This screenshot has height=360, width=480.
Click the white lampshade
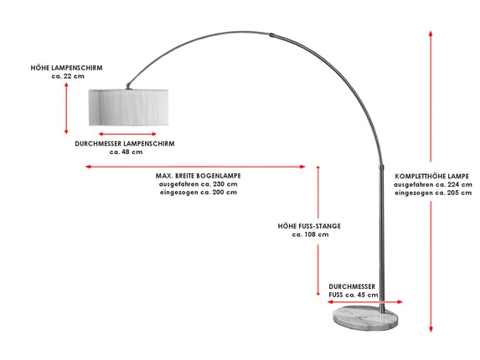128,107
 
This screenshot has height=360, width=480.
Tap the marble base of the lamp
365,318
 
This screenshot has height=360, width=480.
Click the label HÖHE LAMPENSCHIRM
66,68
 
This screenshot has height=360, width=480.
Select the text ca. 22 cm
68,76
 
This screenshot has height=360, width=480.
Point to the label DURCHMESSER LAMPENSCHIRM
125,144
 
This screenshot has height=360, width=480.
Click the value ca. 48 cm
126,152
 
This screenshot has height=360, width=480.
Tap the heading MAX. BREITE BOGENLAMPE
198,176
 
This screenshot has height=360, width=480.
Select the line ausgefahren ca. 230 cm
198,184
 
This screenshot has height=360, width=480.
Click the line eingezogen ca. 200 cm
199,193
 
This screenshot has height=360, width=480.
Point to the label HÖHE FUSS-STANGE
309,226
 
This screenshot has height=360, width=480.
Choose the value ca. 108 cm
311,234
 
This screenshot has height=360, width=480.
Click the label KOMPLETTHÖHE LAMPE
431,177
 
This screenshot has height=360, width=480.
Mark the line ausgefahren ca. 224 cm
433,185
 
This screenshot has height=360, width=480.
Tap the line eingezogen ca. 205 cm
433,193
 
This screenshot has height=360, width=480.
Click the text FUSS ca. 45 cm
354,296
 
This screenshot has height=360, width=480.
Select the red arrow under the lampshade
127,134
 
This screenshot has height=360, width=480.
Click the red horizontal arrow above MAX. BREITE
195,167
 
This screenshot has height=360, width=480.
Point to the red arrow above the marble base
365,302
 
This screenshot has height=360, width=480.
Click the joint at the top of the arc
272,35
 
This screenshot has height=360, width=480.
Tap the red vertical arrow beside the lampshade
66,108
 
